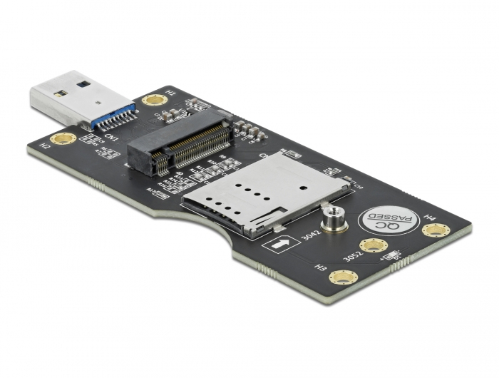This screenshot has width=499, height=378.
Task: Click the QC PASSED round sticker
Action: [x=386, y=223]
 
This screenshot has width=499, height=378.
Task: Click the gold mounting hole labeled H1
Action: [x=153, y=100]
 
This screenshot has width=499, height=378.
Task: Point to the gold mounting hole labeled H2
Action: [x=63, y=138]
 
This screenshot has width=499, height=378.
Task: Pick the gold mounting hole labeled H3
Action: [x=343, y=277]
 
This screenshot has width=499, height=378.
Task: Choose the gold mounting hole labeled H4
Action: [x=435, y=230]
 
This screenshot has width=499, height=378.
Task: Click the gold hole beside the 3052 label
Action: [x=373, y=246]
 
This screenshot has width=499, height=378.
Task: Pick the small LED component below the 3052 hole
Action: [x=391, y=255]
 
